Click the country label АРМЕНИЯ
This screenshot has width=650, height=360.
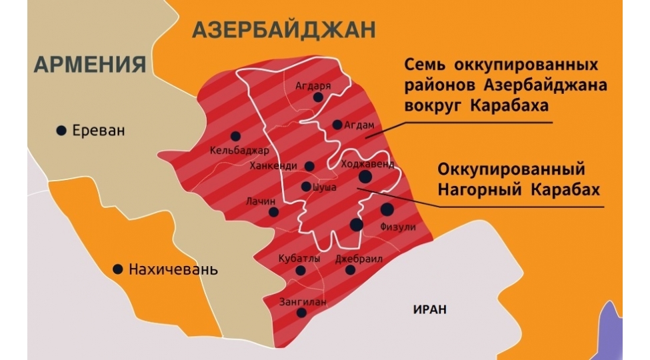[x=89, y=64]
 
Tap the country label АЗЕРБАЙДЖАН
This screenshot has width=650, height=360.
[x=283, y=29]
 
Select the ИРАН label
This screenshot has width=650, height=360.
[x=429, y=309]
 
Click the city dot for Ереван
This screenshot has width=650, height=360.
[x=61, y=131]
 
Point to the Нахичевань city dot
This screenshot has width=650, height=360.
[x=118, y=269]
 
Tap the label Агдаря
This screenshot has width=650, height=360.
[x=313, y=85]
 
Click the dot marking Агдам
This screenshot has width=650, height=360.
[x=337, y=125]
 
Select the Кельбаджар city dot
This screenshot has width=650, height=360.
[x=235, y=136]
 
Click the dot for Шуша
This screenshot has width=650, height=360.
[x=306, y=187]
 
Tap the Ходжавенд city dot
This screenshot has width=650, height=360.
[x=365, y=177]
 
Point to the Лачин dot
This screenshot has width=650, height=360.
[x=273, y=212]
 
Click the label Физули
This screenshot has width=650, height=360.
[x=397, y=227]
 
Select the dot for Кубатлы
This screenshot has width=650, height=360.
[x=301, y=271]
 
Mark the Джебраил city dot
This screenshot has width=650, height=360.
[x=350, y=270]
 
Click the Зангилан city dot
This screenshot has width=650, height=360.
[x=301, y=313]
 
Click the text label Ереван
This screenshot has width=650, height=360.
[x=99, y=131]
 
